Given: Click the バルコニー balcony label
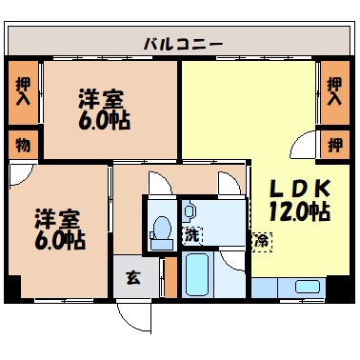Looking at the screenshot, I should [183, 43].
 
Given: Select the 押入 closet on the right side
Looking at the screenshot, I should [333, 91].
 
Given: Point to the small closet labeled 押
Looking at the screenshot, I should [333, 145].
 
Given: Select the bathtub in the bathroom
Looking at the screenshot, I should [199, 277].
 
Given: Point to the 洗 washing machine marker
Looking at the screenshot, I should [192, 234].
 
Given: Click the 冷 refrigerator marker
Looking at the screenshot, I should [260, 240].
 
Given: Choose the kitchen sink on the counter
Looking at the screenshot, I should [307, 287].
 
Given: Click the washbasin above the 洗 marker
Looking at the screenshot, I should [189, 210].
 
